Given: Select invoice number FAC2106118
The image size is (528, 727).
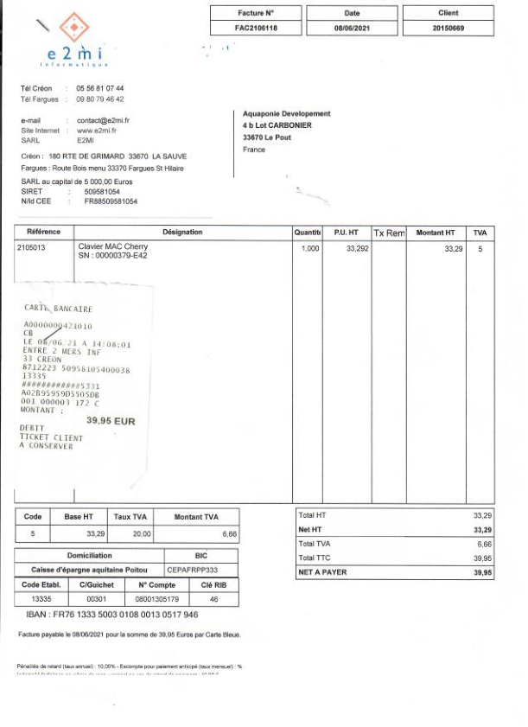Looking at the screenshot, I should click(x=256, y=29).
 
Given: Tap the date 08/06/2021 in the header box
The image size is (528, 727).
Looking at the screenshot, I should click(x=352, y=29).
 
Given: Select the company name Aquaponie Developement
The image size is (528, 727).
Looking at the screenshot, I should click(x=286, y=114).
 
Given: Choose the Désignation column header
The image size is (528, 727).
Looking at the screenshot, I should click(x=182, y=233).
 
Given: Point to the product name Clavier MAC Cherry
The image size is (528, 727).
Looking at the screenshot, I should click(x=112, y=247).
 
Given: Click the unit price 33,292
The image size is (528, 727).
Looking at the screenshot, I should click(x=357, y=249).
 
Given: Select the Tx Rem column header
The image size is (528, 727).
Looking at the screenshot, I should click(x=389, y=233).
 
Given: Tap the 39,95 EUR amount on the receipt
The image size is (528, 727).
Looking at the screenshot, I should click(x=111, y=420).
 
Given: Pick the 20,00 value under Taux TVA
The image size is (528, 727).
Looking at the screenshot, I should click(x=141, y=534).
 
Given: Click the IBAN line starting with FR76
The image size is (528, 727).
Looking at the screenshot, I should click(x=112, y=615).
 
